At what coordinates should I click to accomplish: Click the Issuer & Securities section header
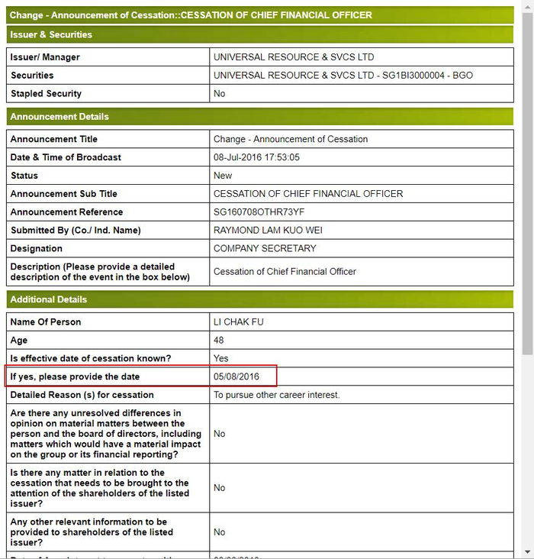[x=51, y=34]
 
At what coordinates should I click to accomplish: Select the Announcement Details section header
[x=60, y=117]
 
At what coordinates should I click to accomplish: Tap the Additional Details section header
[x=49, y=299]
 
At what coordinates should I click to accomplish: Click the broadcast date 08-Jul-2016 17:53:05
[x=256, y=157]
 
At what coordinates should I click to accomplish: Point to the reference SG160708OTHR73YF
[x=259, y=212]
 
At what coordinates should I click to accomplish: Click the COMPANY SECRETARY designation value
[x=265, y=249]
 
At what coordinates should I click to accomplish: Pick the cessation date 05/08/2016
[x=236, y=376]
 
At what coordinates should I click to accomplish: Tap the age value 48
[x=219, y=340]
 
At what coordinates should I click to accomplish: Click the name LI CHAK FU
[x=239, y=322]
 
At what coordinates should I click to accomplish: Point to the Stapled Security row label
[x=46, y=94]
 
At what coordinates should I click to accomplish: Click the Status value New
[x=223, y=176]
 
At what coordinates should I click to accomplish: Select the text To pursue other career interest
[x=276, y=395]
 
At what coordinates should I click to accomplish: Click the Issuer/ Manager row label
[x=45, y=57]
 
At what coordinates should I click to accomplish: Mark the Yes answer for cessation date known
[x=221, y=358]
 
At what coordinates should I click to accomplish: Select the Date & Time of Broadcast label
[x=66, y=157]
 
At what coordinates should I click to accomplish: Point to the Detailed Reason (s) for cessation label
[x=82, y=395]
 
